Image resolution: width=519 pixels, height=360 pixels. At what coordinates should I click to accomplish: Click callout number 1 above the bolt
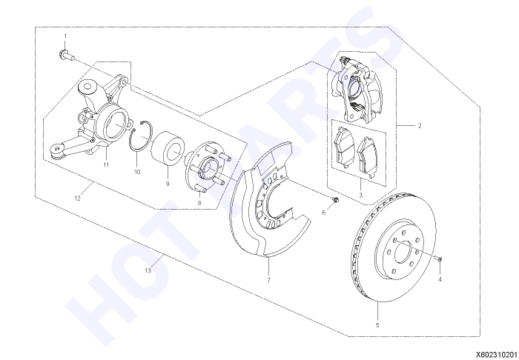(65, 36)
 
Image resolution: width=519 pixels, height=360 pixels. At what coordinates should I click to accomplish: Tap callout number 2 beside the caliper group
(420, 126)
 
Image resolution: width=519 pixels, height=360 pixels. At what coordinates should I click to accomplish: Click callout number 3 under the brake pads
(361, 195)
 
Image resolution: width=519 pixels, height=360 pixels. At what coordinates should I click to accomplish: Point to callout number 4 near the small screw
(440, 279)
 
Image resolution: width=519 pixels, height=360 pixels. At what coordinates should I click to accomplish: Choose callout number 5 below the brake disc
(377, 325)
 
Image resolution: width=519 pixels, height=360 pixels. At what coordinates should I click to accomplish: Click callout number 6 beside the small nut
(324, 213)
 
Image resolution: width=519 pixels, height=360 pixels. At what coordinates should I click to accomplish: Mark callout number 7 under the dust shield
(268, 280)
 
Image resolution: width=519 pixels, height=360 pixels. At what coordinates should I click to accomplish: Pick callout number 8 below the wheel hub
(199, 203)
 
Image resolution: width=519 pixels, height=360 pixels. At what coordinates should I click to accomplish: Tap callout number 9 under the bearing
(168, 184)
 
